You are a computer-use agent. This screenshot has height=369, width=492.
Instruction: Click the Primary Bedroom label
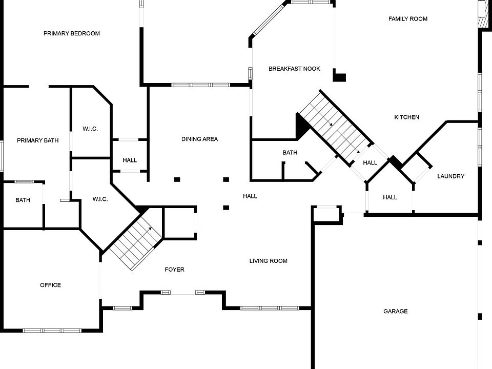[x=71, y=34]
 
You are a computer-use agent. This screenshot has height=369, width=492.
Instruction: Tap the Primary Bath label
[x=37, y=140]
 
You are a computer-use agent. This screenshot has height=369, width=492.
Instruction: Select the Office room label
[x=50, y=285]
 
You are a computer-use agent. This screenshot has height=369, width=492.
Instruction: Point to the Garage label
[x=396, y=312]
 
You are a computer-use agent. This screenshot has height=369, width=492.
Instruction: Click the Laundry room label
[x=450, y=176]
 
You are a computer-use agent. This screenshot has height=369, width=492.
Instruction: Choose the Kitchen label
[x=406, y=117]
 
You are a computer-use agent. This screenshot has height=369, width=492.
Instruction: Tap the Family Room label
[x=407, y=19]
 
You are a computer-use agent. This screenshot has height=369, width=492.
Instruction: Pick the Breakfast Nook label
[x=294, y=69]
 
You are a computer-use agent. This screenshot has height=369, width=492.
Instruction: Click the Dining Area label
[x=199, y=139]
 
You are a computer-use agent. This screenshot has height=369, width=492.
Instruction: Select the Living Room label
[x=268, y=261]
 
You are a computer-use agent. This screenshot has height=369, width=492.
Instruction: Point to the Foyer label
[x=174, y=270]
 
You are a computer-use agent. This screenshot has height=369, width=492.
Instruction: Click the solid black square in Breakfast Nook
[x=340, y=78]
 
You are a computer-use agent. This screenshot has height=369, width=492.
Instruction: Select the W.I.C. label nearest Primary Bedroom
[x=90, y=129]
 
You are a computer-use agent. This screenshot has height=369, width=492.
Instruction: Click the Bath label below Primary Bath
[x=23, y=200]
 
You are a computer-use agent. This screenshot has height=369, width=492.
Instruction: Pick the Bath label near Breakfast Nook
[x=290, y=153]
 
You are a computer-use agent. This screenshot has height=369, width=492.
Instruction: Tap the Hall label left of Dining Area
[x=130, y=160]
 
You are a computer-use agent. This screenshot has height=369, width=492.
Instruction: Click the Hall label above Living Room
[x=250, y=196]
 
